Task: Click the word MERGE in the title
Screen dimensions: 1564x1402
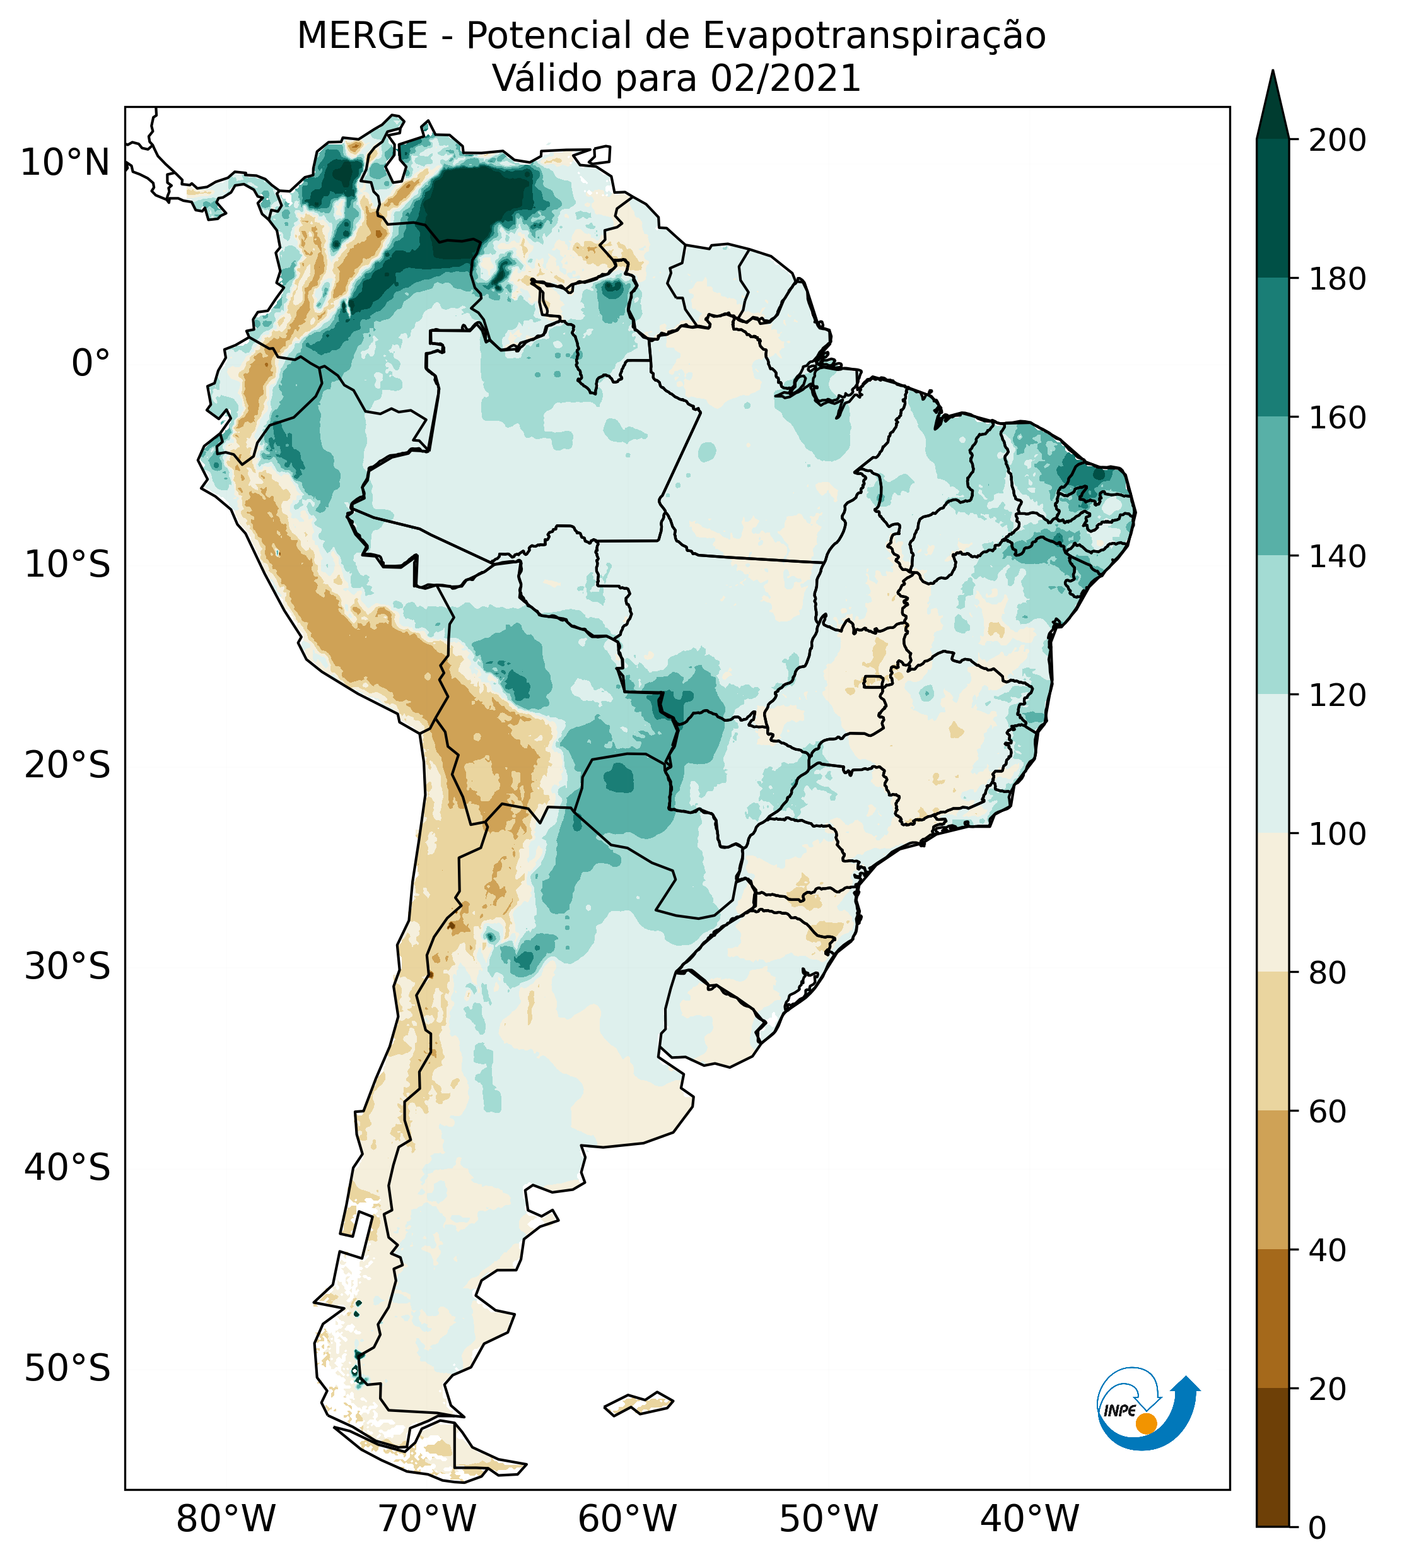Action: click(362, 36)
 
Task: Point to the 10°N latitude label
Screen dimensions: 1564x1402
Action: click(66, 163)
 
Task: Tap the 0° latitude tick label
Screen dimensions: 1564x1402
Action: click(91, 363)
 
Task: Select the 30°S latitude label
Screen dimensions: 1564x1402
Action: click(67, 967)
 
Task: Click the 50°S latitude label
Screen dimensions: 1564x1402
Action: click(67, 1369)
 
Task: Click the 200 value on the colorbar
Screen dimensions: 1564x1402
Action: click(1337, 141)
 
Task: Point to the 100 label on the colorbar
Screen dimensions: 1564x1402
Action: click(1337, 833)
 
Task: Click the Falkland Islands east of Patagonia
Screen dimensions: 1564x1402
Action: click(640, 1404)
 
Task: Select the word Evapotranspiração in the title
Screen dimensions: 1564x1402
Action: click(874, 36)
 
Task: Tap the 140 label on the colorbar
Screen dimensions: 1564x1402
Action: click(1337, 556)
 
